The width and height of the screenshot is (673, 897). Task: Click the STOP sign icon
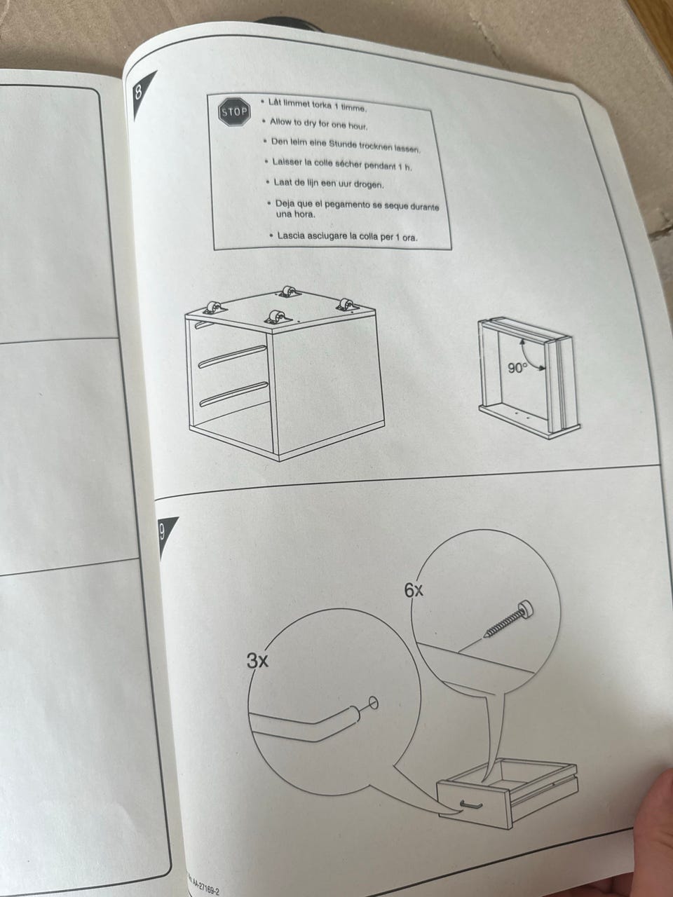(x=235, y=111)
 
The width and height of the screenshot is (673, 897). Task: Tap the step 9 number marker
(x=162, y=533)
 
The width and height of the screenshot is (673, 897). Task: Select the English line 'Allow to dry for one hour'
(x=319, y=123)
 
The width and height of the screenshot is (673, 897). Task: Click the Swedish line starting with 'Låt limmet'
(x=318, y=105)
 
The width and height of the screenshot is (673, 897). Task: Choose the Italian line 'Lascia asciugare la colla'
(x=347, y=236)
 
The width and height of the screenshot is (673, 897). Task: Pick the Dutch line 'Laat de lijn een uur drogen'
(x=329, y=184)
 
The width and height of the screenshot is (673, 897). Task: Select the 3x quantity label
(x=257, y=660)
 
